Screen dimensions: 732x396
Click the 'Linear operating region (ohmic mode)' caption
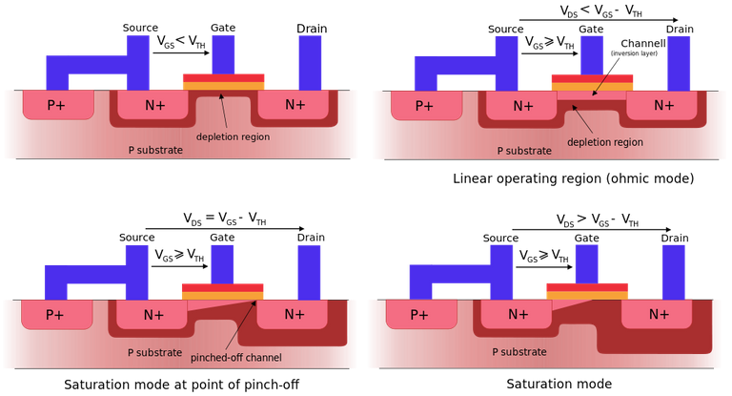[573, 178]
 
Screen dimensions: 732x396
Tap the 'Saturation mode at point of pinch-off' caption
[182, 385]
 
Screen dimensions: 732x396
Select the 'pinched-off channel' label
[235, 358]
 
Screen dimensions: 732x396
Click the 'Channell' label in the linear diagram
[643, 44]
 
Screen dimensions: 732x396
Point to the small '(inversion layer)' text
[634, 53]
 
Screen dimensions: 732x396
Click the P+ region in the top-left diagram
[58, 105]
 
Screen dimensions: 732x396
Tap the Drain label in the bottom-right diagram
[675, 238]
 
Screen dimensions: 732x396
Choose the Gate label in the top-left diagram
[223, 28]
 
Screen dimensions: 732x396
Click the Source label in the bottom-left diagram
[137, 237]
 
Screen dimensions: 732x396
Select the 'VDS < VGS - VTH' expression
[600, 11]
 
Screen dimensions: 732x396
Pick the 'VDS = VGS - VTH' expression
[225, 219]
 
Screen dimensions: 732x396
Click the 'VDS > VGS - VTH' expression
[597, 219]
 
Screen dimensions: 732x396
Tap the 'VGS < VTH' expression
[181, 42]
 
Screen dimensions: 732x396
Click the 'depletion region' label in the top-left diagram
[233, 137]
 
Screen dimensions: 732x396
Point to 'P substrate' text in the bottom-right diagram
[519, 352]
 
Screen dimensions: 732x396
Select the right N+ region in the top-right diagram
[662, 106]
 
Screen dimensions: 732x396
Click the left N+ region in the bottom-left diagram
[152, 314]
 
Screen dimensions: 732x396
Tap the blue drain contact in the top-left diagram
[310, 63]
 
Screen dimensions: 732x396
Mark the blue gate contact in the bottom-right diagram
[586, 264]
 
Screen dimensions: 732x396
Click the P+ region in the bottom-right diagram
[421, 314]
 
